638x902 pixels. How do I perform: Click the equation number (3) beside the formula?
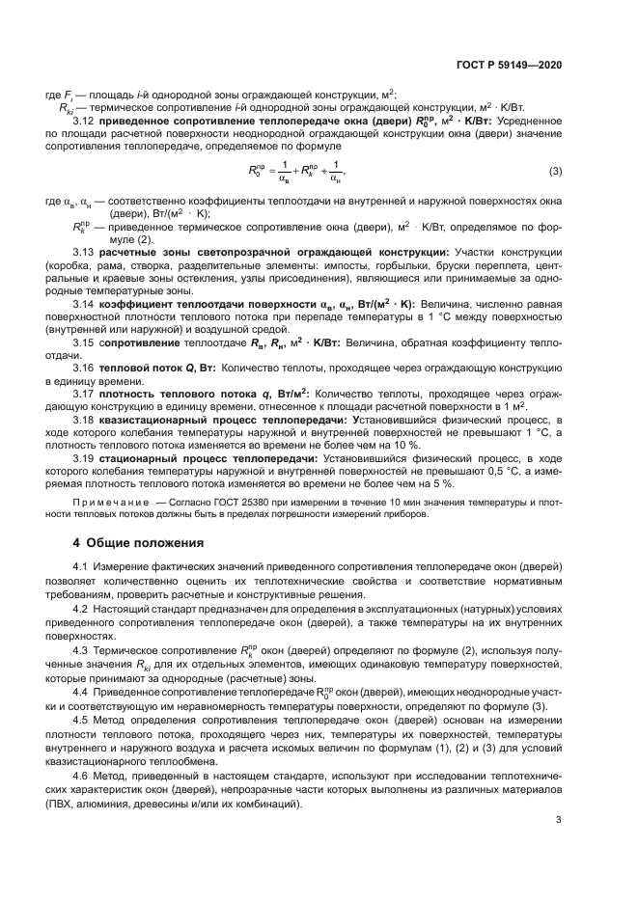point(555,172)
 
